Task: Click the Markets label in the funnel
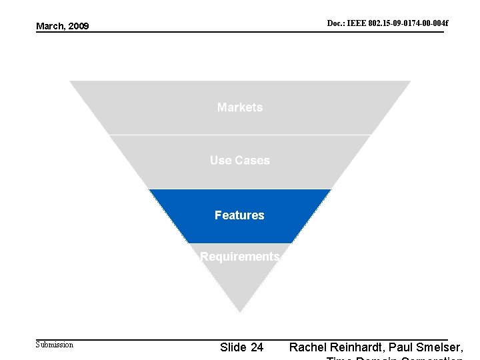[x=240, y=107]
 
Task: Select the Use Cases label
[x=240, y=160]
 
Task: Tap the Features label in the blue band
[x=239, y=215]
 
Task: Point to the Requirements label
[x=239, y=257]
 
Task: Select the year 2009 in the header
[x=78, y=26]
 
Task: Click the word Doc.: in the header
[x=335, y=24]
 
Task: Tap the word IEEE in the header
[x=355, y=24]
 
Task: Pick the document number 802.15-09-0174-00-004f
[x=408, y=24]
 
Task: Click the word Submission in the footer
[x=55, y=345]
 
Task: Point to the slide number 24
[x=256, y=347]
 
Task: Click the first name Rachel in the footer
[x=307, y=347]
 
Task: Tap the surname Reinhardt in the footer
[x=361, y=347]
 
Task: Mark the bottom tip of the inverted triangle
[x=240, y=311]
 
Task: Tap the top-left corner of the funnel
[x=70, y=81]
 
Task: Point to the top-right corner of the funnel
[x=410, y=81]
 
